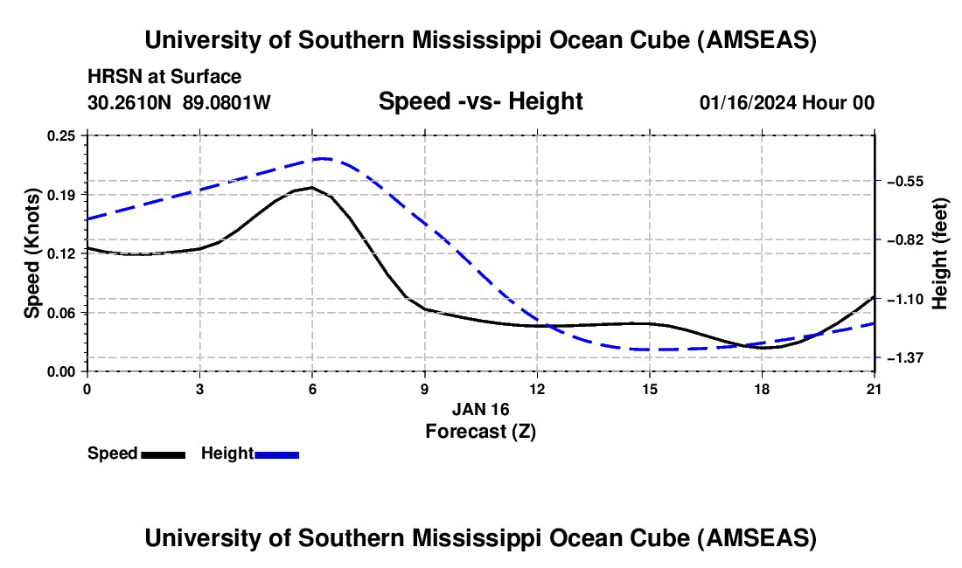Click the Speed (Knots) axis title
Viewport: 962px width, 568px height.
point(32,253)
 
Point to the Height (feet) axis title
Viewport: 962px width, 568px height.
point(939,253)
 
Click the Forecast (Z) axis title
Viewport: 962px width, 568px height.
point(480,431)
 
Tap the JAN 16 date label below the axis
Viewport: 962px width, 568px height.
point(480,409)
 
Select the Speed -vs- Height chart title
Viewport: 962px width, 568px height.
point(480,102)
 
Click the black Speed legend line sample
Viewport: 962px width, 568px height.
point(163,454)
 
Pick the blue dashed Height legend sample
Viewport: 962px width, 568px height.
point(277,454)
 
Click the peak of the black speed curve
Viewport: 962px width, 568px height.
point(311,187)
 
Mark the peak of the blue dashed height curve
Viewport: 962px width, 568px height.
point(324,158)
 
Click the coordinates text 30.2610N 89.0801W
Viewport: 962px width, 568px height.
point(179,102)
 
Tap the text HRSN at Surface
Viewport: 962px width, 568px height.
point(164,77)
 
